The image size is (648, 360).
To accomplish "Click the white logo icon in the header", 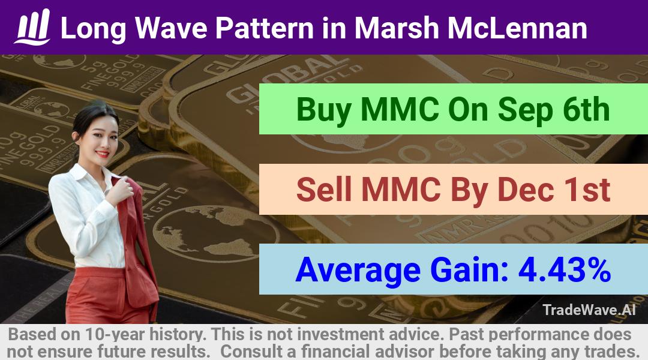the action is (x=32, y=27).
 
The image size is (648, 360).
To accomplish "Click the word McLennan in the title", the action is (x=517, y=28).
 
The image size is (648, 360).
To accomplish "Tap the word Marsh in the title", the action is (x=397, y=28).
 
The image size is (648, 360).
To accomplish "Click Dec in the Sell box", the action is (x=526, y=189).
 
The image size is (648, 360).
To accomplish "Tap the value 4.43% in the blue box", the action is (x=565, y=269).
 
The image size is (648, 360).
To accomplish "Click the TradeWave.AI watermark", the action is (x=589, y=310).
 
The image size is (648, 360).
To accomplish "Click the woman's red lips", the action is (x=101, y=154).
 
